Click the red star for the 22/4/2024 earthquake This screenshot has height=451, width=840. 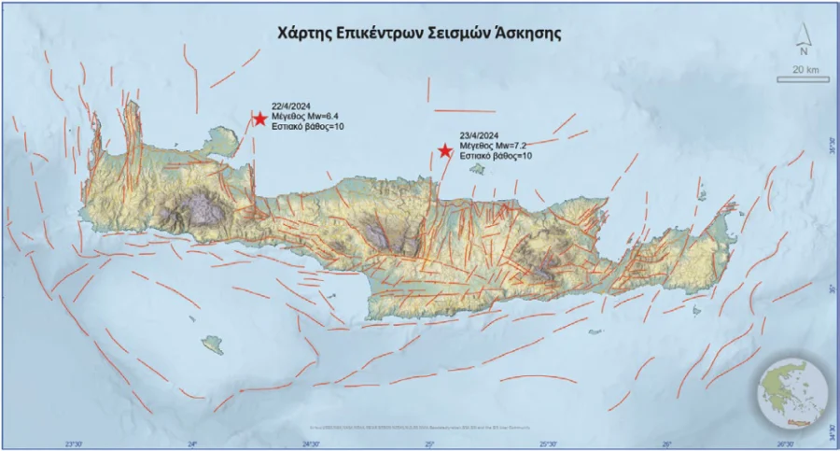(259, 118)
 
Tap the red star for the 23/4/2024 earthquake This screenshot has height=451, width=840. (446, 151)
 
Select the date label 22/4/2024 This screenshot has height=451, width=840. (290, 106)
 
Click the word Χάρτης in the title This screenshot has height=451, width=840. (304, 33)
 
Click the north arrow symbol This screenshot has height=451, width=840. (801, 35)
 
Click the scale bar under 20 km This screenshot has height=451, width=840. (804, 80)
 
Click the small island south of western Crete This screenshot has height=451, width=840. (214, 345)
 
